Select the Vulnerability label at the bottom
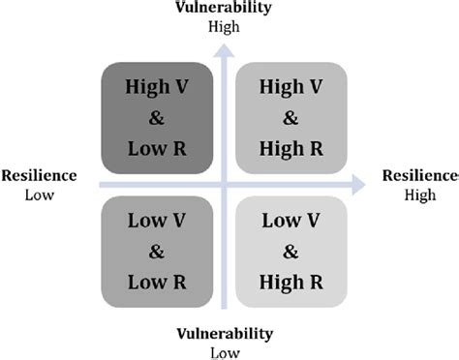click(x=225, y=335)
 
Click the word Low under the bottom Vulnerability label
click(x=225, y=351)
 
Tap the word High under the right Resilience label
click(x=419, y=194)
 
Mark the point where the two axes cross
click(x=225, y=183)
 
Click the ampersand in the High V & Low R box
click(x=157, y=116)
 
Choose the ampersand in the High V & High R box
click(x=292, y=117)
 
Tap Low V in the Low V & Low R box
click(x=157, y=220)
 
